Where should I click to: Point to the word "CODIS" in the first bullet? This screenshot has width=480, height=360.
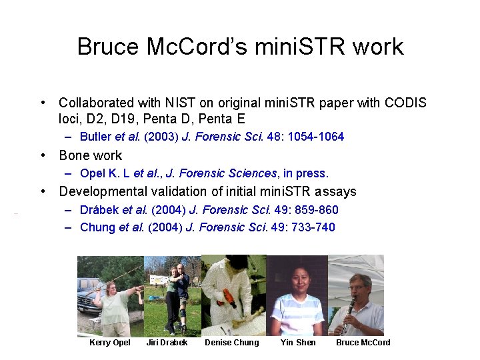(x=405, y=103)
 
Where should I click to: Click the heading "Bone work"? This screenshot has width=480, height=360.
(x=91, y=155)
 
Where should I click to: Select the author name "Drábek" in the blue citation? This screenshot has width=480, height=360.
(x=96, y=210)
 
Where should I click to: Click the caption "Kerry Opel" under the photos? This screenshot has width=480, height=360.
(x=110, y=343)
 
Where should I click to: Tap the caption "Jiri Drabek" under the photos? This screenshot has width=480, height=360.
(x=167, y=343)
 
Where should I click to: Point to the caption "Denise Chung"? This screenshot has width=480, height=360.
(x=231, y=343)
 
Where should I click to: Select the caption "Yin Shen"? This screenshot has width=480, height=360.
(x=298, y=343)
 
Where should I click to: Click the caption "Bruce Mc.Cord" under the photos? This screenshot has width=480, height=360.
(x=363, y=343)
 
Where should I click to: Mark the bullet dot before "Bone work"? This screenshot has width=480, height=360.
(x=43, y=155)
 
